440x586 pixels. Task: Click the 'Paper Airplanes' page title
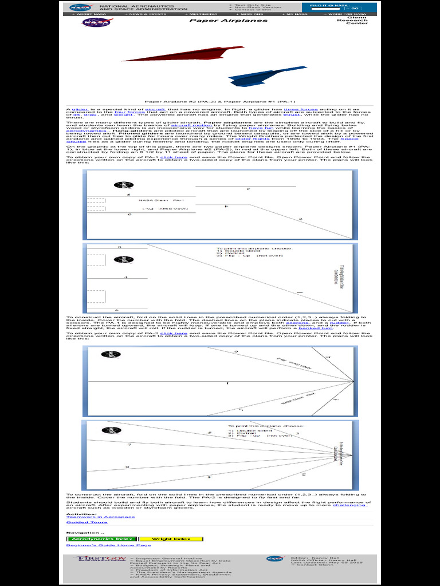[228, 21]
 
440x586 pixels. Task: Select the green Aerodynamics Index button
[102, 539]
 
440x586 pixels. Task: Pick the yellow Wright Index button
[171, 539]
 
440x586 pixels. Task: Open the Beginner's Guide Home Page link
[108, 545]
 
